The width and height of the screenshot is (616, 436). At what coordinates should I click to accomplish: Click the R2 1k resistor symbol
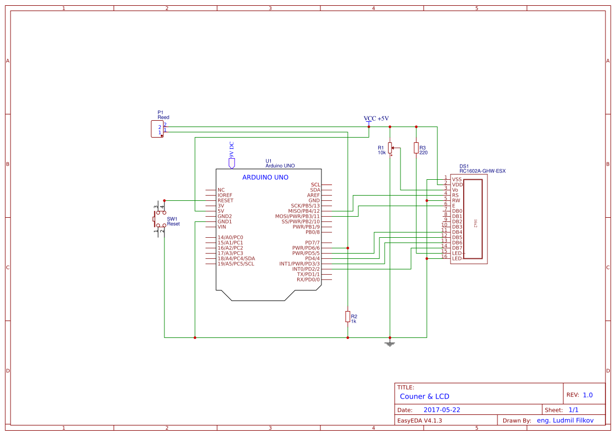tap(347, 316)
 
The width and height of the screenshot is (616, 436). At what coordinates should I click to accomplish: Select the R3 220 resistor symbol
tap(416, 148)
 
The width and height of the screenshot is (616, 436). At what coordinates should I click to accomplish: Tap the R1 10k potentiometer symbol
tap(390, 148)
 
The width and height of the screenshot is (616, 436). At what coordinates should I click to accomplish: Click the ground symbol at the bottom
tap(390, 344)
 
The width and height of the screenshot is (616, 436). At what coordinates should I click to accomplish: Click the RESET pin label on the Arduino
tap(225, 200)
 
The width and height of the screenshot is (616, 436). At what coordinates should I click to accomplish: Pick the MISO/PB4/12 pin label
tap(301, 211)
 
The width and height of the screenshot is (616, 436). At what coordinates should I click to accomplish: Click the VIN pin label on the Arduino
tap(222, 227)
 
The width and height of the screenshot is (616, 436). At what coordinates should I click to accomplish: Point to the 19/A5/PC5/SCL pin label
tap(236, 264)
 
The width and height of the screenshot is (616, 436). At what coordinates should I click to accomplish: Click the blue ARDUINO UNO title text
tap(265, 178)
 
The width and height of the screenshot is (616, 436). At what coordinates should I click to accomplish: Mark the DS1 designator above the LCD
tap(464, 166)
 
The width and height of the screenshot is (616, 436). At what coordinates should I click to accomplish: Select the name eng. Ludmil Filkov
tap(565, 421)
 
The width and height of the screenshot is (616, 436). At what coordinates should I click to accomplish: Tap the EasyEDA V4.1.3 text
tap(419, 421)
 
